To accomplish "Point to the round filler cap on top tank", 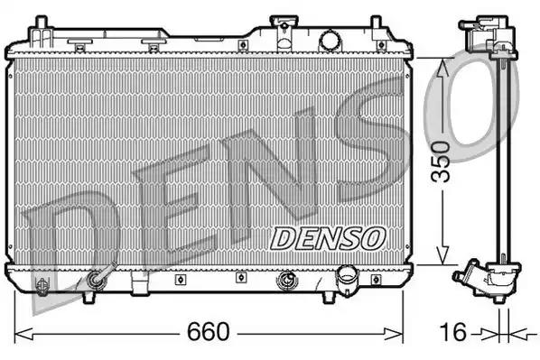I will point(331,40).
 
